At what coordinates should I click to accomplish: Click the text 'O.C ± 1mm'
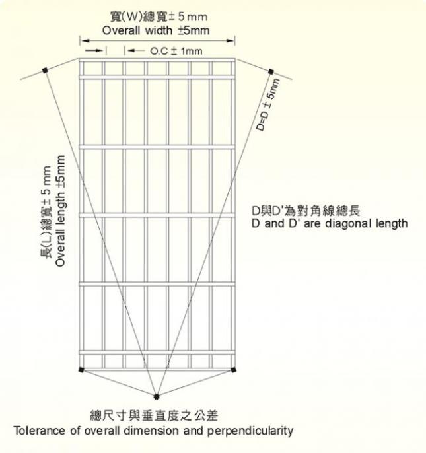[x=176, y=51]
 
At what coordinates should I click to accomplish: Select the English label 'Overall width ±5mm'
[x=156, y=30]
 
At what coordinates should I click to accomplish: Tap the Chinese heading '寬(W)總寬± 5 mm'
[x=159, y=17]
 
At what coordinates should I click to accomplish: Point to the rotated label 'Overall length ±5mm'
[x=60, y=211]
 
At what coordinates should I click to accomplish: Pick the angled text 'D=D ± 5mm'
[x=268, y=104]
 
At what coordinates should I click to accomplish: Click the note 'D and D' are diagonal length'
[x=330, y=223]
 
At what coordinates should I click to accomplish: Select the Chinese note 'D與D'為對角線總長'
[x=306, y=211]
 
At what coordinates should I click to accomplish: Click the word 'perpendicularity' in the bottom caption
[x=250, y=431]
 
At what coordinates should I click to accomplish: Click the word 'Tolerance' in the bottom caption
[x=40, y=431]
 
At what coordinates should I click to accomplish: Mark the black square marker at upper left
[x=45, y=70]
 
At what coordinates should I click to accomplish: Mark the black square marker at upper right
[x=271, y=71]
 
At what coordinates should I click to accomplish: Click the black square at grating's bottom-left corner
[x=81, y=370]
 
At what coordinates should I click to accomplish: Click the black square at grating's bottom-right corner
[x=234, y=370]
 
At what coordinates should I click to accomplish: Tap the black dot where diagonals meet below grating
[x=157, y=396]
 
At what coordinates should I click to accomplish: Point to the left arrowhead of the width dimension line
[x=84, y=41]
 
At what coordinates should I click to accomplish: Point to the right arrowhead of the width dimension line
[x=231, y=41]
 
